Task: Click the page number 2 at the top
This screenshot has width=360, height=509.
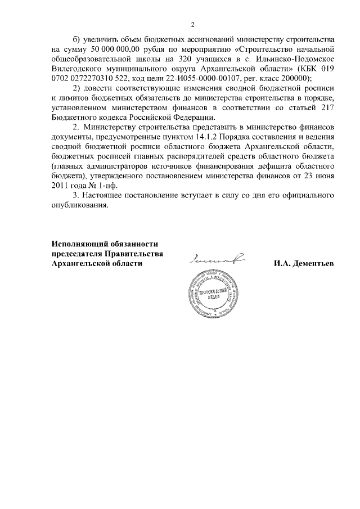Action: tap(192, 25)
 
